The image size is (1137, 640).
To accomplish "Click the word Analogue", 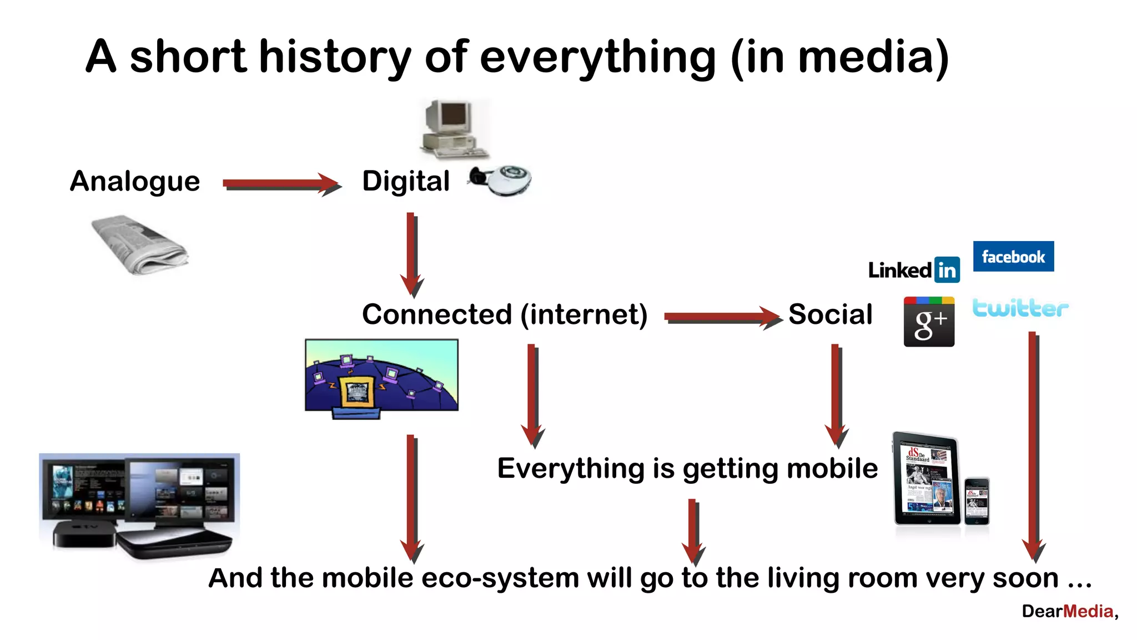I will coord(135,182).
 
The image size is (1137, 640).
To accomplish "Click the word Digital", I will coord(406,182).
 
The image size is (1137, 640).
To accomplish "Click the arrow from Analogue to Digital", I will coord(280,183).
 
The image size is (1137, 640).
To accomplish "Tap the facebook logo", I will coord(1013,257).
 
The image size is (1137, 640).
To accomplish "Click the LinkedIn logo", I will coord(914,270).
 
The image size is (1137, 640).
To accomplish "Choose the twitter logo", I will coord(1020,308).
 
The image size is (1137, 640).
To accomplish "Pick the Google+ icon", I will coord(929,322).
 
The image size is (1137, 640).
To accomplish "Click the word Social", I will coord(831,314).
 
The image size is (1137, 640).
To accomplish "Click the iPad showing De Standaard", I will coord(926,479).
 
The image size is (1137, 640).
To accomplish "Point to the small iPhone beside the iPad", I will coord(977,501).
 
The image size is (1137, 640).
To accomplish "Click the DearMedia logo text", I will coord(1069,611).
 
